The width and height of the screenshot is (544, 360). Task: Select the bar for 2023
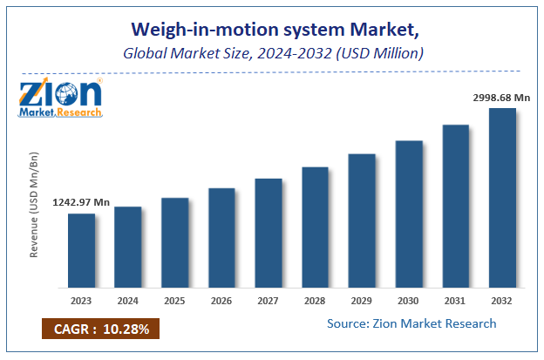[x=81, y=250]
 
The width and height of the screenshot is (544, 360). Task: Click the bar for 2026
[x=221, y=237]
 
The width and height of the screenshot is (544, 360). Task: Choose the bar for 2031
[x=455, y=206]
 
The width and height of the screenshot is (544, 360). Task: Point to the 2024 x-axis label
[x=128, y=301]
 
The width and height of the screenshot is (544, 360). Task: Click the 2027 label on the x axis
[x=269, y=301]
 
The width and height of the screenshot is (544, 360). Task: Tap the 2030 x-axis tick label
[x=409, y=301]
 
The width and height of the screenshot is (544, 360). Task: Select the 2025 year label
[x=174, y=301]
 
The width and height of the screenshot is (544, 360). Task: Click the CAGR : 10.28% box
[x=99, y=329]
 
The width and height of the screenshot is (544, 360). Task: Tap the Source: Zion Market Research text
[x=412, y=323]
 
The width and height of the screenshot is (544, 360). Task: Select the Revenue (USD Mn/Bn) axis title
[x=35, y=205]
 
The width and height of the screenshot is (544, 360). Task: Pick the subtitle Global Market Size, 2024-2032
[x=271, y=54]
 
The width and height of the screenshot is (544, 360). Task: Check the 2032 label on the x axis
[x=502, y=301]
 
